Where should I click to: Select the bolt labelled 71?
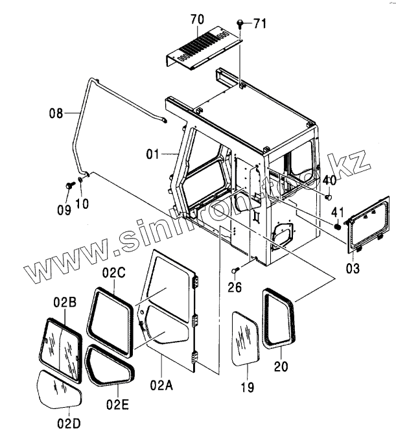pyautogui.click(x=241, y=24)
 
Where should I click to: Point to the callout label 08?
pyautogui.click(x=56, y=113)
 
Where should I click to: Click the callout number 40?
pyautogui.click(x=329, y=180)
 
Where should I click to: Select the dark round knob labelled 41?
pyautogui.click(x=337, y=227)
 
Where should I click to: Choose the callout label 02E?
pyautogui.click(x=117, y=405)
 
